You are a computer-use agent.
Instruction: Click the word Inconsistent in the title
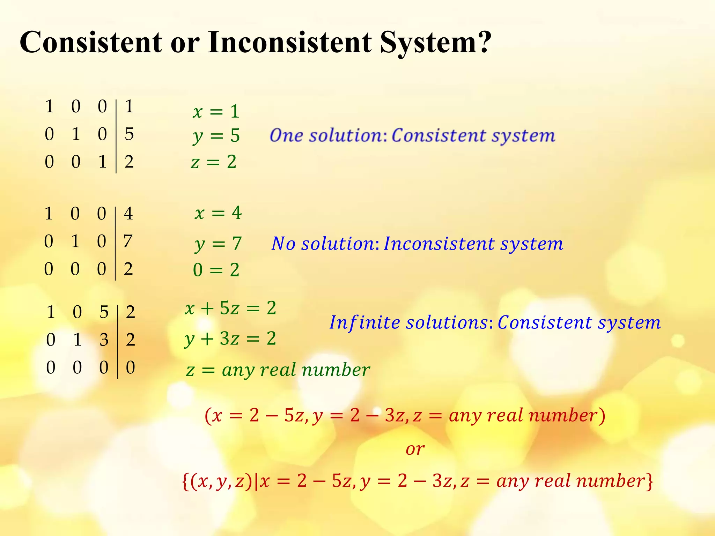tap(290, 43)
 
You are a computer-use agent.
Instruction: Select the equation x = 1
tap(216, 112)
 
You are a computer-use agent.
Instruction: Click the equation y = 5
tap(216, 136)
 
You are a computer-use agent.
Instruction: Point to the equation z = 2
tap(214, 162)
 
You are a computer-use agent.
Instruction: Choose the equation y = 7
tap(218, 244)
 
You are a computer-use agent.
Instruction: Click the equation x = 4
tap(218, 213)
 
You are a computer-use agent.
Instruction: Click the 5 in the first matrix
tap(129, 134)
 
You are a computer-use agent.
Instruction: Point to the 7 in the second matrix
tap(128, 241)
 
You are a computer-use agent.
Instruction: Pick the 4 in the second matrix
tap(128, 214)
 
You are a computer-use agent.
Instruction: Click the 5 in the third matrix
tap(104, 312)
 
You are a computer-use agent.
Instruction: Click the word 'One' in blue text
tap(286, 135)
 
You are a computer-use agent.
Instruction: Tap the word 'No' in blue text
tap(283, 244)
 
